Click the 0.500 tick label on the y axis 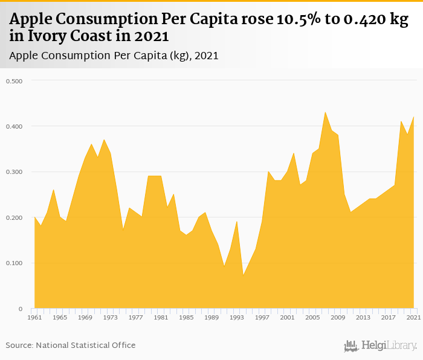tap(14, 81)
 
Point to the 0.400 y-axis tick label tap(14, 126)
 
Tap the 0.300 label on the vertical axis tap(14, 172)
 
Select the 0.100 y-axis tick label tap(14, 263)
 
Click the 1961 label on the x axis tap(34, 317)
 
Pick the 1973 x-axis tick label tap(110, 317)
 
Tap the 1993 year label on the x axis tap(237, 317)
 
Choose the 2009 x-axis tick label tap(338, 317)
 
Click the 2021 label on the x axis tap(414, 317)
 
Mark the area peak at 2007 tap(325, 112)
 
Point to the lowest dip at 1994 tap(243, 275)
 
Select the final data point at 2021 tap(414, 117)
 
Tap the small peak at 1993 tap(237, 222)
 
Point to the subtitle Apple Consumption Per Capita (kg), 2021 tap(114, 56)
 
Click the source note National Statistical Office tap(71, 345)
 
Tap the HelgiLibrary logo tap(381, 346)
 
